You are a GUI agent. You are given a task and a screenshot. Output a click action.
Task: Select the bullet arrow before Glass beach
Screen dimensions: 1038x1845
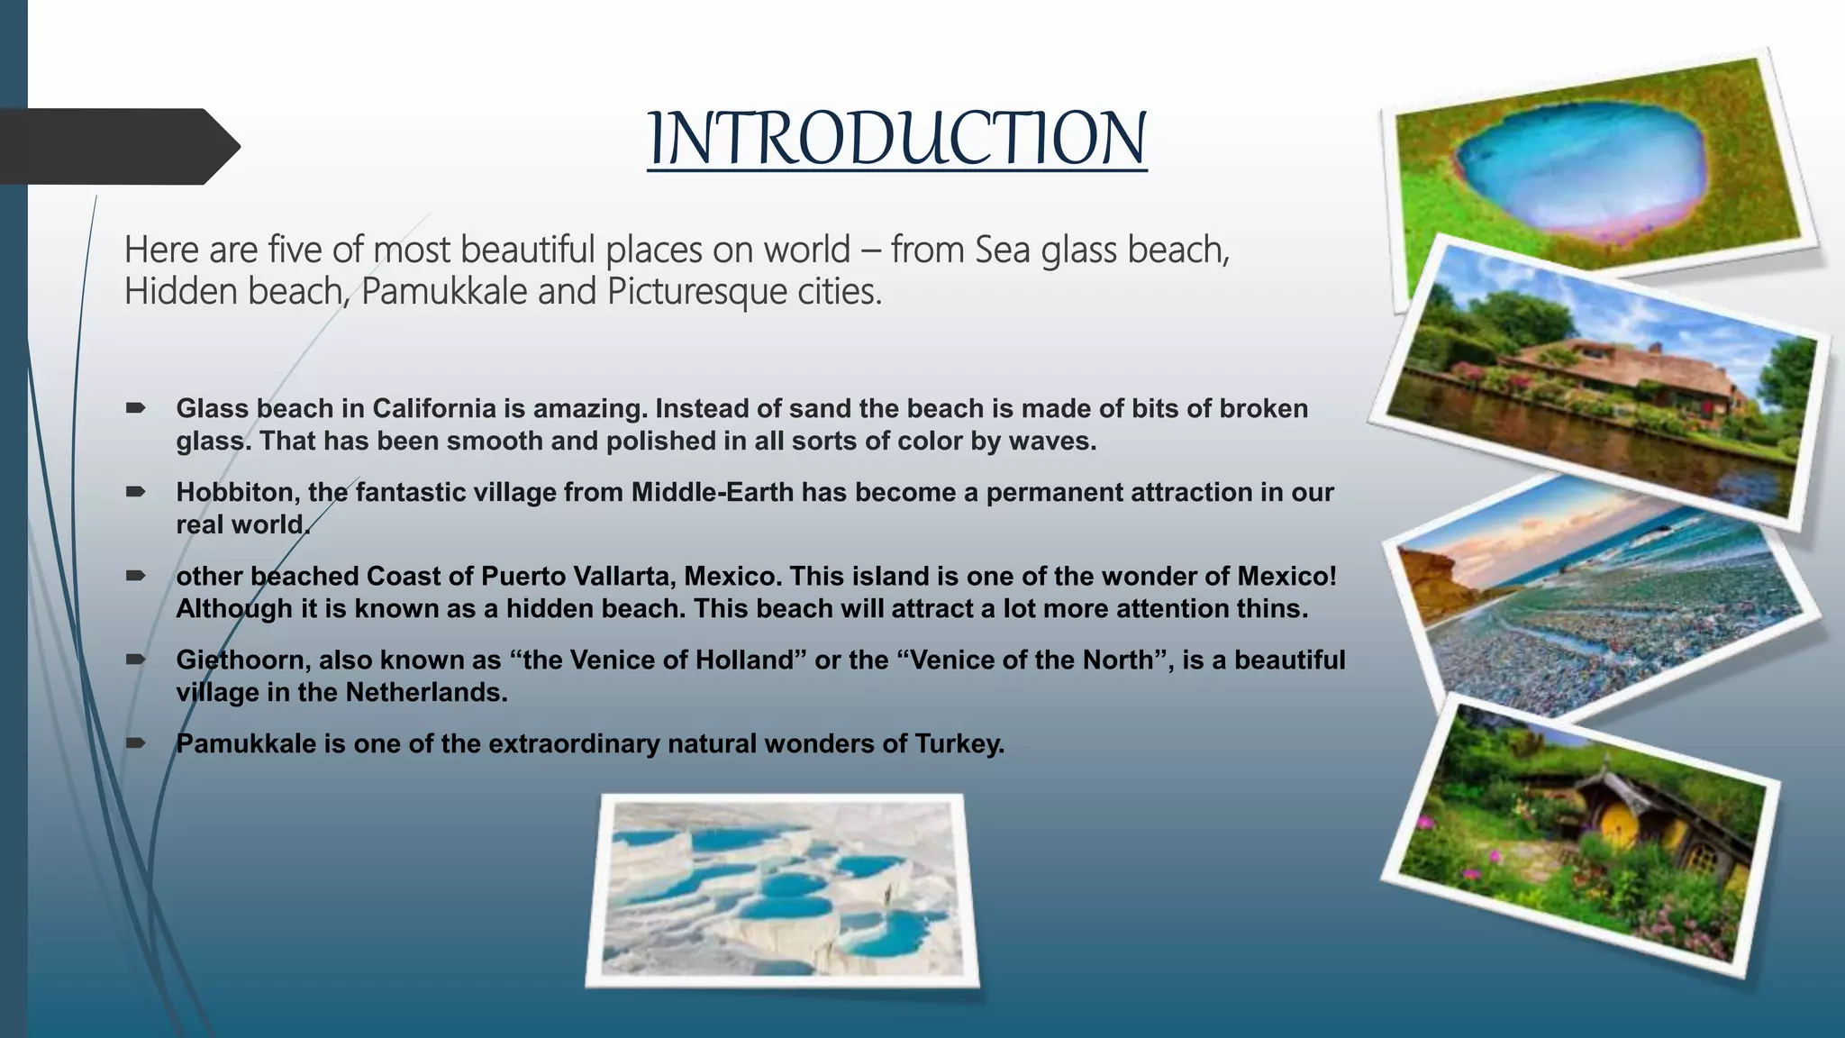(136, 408)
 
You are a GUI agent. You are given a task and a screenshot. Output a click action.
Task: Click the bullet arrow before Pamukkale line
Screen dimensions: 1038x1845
(136, 743)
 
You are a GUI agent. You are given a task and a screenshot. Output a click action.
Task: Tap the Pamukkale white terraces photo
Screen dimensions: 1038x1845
(782, 890)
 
